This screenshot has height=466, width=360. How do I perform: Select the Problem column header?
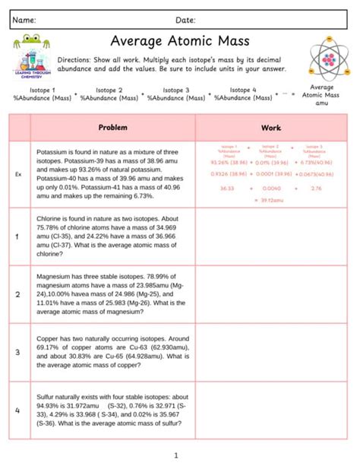113,128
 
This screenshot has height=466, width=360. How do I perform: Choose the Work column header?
271,128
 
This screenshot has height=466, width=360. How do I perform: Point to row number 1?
17,236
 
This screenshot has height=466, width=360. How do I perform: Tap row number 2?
17,293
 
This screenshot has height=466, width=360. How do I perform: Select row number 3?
17,351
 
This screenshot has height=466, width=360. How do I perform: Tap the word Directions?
76,59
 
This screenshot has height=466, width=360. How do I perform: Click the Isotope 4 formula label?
243,90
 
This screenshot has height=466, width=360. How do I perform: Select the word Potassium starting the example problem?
52,152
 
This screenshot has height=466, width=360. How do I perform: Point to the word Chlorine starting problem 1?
51,217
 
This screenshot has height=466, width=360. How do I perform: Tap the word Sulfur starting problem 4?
47,396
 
